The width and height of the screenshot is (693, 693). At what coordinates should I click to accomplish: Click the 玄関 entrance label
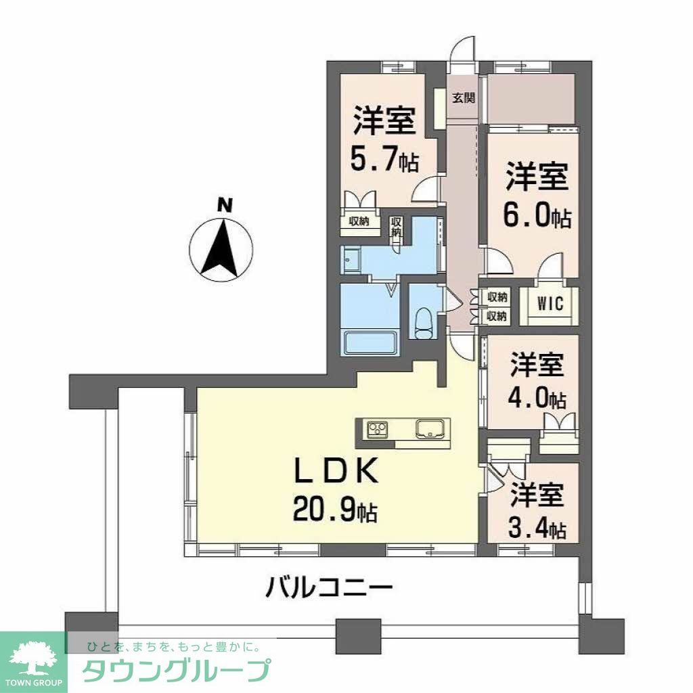(463, 98)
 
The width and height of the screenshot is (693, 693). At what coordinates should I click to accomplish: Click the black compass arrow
(221, 247)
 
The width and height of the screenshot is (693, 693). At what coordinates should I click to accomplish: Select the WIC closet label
(551, 304)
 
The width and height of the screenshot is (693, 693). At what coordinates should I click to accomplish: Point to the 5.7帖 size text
(384, 161)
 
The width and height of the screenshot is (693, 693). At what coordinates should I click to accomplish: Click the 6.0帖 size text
(537, 217)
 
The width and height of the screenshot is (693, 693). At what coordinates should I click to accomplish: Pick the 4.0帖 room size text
(537, 399)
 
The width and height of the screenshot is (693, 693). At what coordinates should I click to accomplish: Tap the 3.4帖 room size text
(537, 529)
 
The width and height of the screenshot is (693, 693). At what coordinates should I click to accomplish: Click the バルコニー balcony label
(328, 585)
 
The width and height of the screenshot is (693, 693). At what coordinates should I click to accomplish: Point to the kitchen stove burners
(378, 428)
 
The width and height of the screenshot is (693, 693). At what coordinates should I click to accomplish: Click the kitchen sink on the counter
(429, 428)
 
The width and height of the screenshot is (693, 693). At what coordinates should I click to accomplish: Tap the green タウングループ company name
(177, 671)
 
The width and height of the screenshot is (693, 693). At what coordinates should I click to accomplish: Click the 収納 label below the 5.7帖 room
(359, 221)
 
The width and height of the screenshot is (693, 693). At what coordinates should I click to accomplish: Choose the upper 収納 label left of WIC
(497, 296)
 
